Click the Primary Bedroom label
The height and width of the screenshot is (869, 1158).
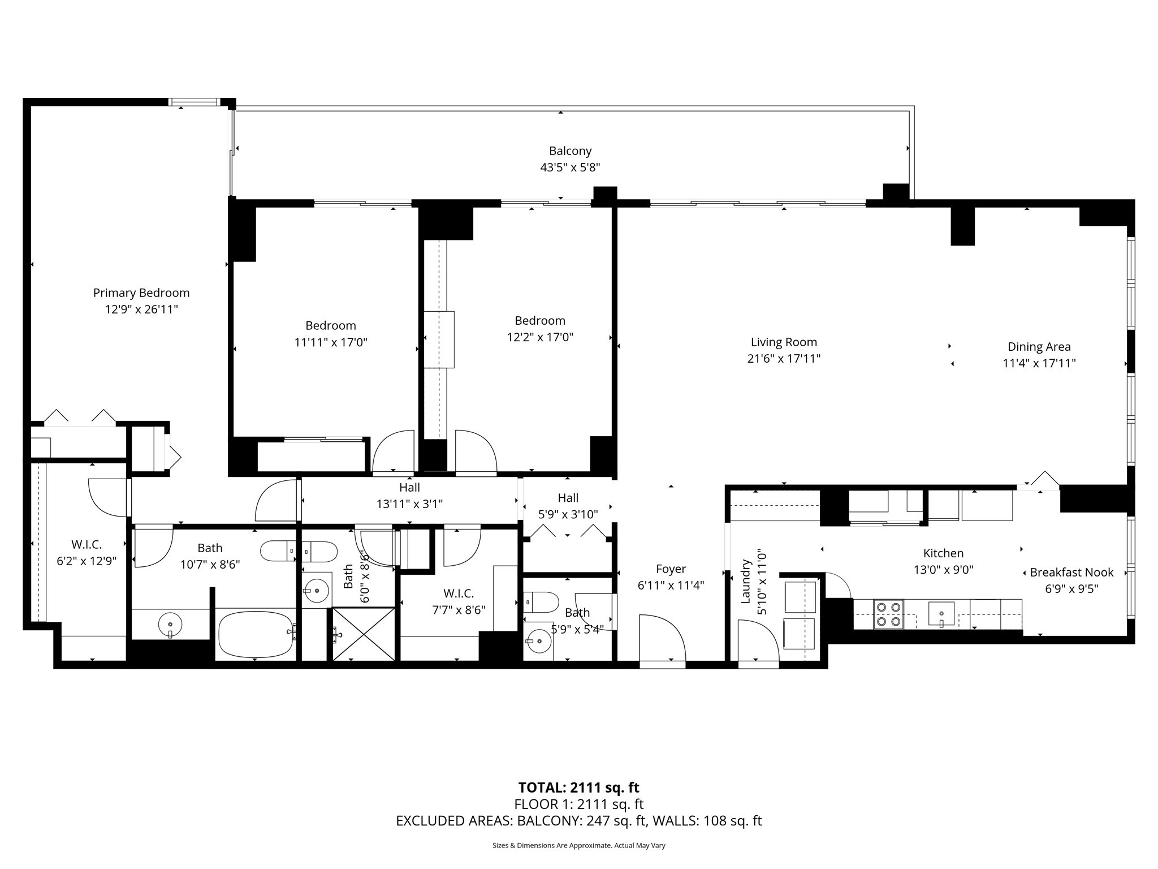point(141,292)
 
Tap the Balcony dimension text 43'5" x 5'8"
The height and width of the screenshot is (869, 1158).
point(570,167)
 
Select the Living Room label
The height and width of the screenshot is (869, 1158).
point(784,342)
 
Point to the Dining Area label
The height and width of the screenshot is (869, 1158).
point(1039,347)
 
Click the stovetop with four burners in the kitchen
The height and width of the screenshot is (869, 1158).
point(888,614)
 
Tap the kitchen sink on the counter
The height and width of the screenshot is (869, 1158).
point(941,613)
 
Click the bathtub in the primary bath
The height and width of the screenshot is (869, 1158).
point(256,634)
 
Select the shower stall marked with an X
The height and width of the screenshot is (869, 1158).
point(364,634)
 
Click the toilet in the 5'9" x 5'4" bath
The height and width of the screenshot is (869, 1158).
point(540,602)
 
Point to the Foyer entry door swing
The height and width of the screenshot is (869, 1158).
point(662,637)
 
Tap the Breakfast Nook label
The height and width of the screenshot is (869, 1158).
point(1071,572)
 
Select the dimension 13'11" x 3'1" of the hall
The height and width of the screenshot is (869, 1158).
point(409,504)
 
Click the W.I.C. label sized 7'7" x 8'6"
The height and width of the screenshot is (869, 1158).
point(458,593)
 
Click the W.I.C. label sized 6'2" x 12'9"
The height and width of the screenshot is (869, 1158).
point(87,545)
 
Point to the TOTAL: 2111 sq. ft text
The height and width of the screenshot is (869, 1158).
point(578,788)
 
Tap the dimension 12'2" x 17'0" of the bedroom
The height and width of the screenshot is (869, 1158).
point(540,337)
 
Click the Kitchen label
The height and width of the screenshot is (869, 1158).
point(943,553)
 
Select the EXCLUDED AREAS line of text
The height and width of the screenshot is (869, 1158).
point(578,821)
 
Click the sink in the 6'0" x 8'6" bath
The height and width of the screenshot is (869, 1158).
point(316,591)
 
